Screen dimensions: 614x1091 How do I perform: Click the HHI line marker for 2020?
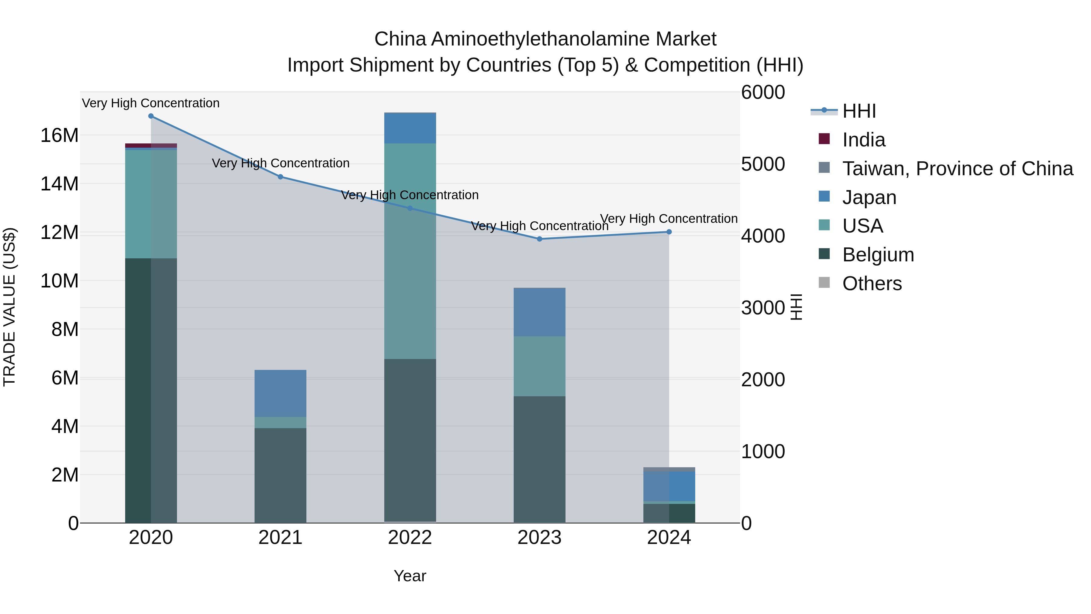click(151, 116)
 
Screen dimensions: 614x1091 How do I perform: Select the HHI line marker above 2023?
click(539, 239)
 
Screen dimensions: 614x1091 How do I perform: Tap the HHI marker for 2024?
click(669, 232)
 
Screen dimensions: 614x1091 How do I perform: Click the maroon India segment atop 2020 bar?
click(151, 145)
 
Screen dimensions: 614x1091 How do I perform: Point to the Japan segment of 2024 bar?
click(669, 486)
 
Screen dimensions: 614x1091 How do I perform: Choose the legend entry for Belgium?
click(878, 255)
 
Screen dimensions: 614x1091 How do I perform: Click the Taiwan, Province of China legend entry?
click(957, 169)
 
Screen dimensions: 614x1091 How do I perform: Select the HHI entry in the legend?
click(859, 111)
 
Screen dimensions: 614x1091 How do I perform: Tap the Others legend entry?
click(872, 284)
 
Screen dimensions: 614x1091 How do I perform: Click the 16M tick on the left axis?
click(59, 136)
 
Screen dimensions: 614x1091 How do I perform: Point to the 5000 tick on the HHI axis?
click(763, 164)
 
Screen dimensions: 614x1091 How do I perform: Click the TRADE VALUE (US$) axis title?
click(9, 307)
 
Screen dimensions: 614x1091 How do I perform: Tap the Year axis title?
click(409, 576)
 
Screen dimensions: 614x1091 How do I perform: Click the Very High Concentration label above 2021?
click(280, 163)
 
